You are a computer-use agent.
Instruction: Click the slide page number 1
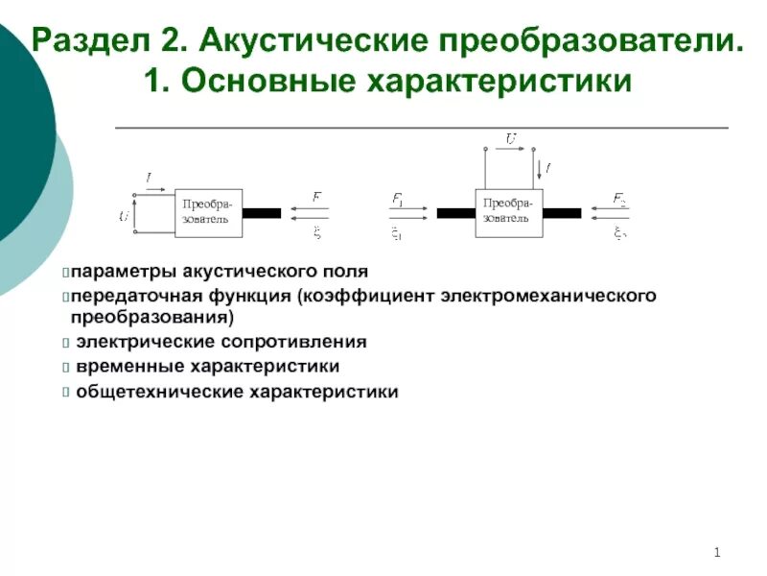pyautogui.click(x=716, y=551)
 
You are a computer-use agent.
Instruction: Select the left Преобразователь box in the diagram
pyautogui.click(x=208, y=211)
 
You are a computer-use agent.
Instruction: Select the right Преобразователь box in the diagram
pyautogui.click(x=508, y=211)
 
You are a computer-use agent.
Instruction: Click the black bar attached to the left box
pyautogui.click(x=261, y=213)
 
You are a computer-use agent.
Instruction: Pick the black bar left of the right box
pyautogui.click(x=455, y=213)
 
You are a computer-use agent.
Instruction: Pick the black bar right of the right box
pyautogui.click(x=563, y=213)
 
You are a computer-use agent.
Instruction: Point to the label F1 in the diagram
pyautogui.click(x=398, y=199)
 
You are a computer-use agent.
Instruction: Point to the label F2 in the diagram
pyautogui.click(x=619, y=199)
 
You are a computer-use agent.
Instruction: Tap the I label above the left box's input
pyautogui.click(x=149, y=178)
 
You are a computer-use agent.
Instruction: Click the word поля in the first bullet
pyautogui.click(x=348, y=273)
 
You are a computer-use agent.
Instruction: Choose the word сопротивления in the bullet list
pyautogui.click(x=304, y=342)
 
